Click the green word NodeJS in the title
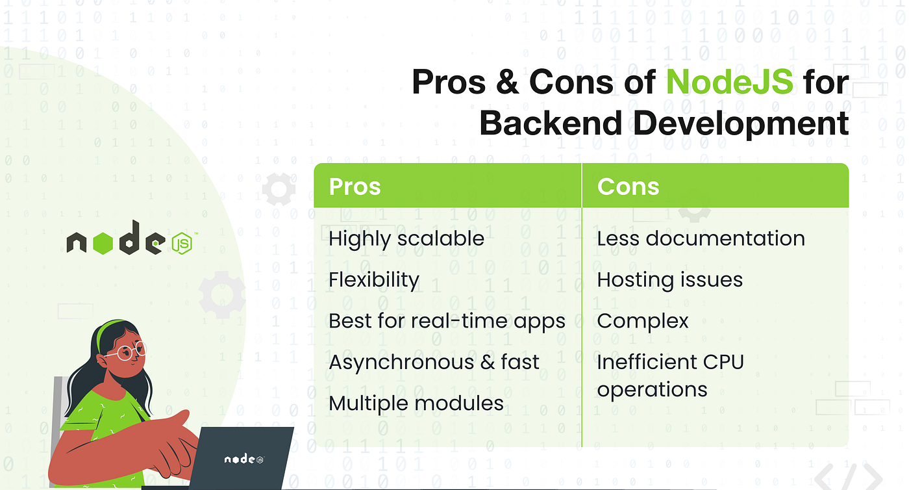coord(729,82)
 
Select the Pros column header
coord(355,187)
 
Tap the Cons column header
coord(628,187)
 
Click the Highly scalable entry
coord(406,239)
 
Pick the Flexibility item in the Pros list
coord(374,280)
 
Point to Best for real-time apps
coord(447,322)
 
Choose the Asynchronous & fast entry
coord(434,362)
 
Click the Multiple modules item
coord(416,404)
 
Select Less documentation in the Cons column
coord(701,239)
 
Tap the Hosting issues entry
coord(669,280)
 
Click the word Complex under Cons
coord(643,322)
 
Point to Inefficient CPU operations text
coord(670,376)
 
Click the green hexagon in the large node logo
coord(103,243)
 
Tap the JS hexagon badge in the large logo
coord(181,243)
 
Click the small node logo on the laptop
coord(244,459)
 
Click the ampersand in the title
coord(507,82)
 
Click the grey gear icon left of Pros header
coord(279,189)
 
